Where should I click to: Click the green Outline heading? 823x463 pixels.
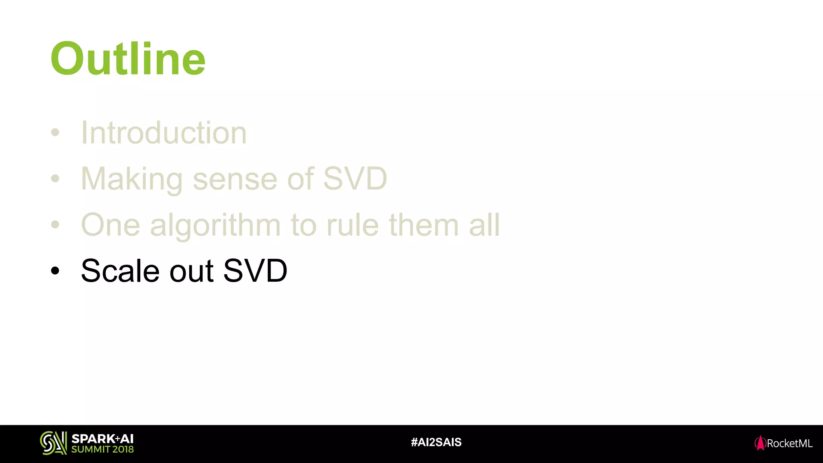128,59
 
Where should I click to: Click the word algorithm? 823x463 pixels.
215,225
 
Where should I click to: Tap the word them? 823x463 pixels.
424,225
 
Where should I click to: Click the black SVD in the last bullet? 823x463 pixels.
255,271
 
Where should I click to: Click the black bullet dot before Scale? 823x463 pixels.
55,271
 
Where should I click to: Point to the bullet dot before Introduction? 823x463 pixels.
55,132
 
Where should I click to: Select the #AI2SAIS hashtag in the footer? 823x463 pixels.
436,443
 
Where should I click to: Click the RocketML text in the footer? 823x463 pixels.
789,443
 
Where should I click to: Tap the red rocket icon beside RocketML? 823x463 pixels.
760,443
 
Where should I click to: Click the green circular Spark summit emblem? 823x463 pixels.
53,443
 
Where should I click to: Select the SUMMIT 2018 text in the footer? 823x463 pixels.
102,449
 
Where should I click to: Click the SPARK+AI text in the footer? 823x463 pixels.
102,438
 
